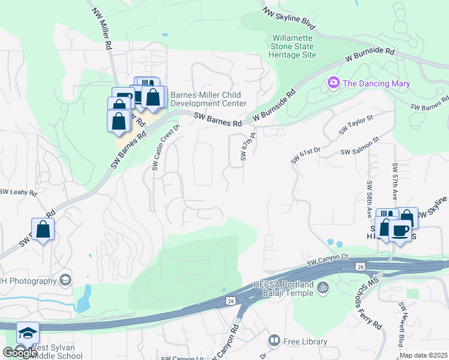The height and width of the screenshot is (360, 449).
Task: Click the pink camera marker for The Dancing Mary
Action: pos(333,83)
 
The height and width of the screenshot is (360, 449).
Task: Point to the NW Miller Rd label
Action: pos(102,28)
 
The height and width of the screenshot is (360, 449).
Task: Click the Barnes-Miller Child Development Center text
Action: pos(206,99)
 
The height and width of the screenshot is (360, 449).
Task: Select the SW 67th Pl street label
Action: pos(244,148)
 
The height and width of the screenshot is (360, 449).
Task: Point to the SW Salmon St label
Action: pos(360,148)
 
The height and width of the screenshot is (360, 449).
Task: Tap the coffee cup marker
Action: pos(400,230)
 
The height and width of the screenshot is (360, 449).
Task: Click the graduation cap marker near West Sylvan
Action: pos(27,333)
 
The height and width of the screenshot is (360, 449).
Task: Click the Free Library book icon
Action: pos(274,341)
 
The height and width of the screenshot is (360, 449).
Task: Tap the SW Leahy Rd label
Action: pos(18,193)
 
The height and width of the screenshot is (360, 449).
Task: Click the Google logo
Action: pos(20,352)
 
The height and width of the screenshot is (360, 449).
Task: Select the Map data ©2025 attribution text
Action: pos(423,355)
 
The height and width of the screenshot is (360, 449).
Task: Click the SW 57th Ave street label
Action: pos(395,181)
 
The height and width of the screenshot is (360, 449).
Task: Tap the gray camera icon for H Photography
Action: pos(65,280)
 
